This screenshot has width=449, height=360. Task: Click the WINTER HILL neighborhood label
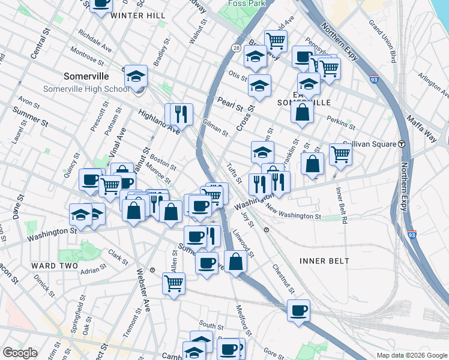click(x=138, y=15)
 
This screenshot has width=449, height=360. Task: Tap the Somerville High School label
click(x=86, y=89)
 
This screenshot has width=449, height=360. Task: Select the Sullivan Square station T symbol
click(x=401, y=144)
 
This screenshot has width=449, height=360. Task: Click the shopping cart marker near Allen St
click(x=173, y=282)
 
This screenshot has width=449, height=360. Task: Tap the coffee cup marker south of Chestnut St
click(x=298, y=310)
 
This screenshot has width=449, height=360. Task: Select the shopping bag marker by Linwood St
click(x=235, y=262)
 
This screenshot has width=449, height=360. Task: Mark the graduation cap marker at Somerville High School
click(x=136, y=76)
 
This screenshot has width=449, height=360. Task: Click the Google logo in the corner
click(x=20, y=353)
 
